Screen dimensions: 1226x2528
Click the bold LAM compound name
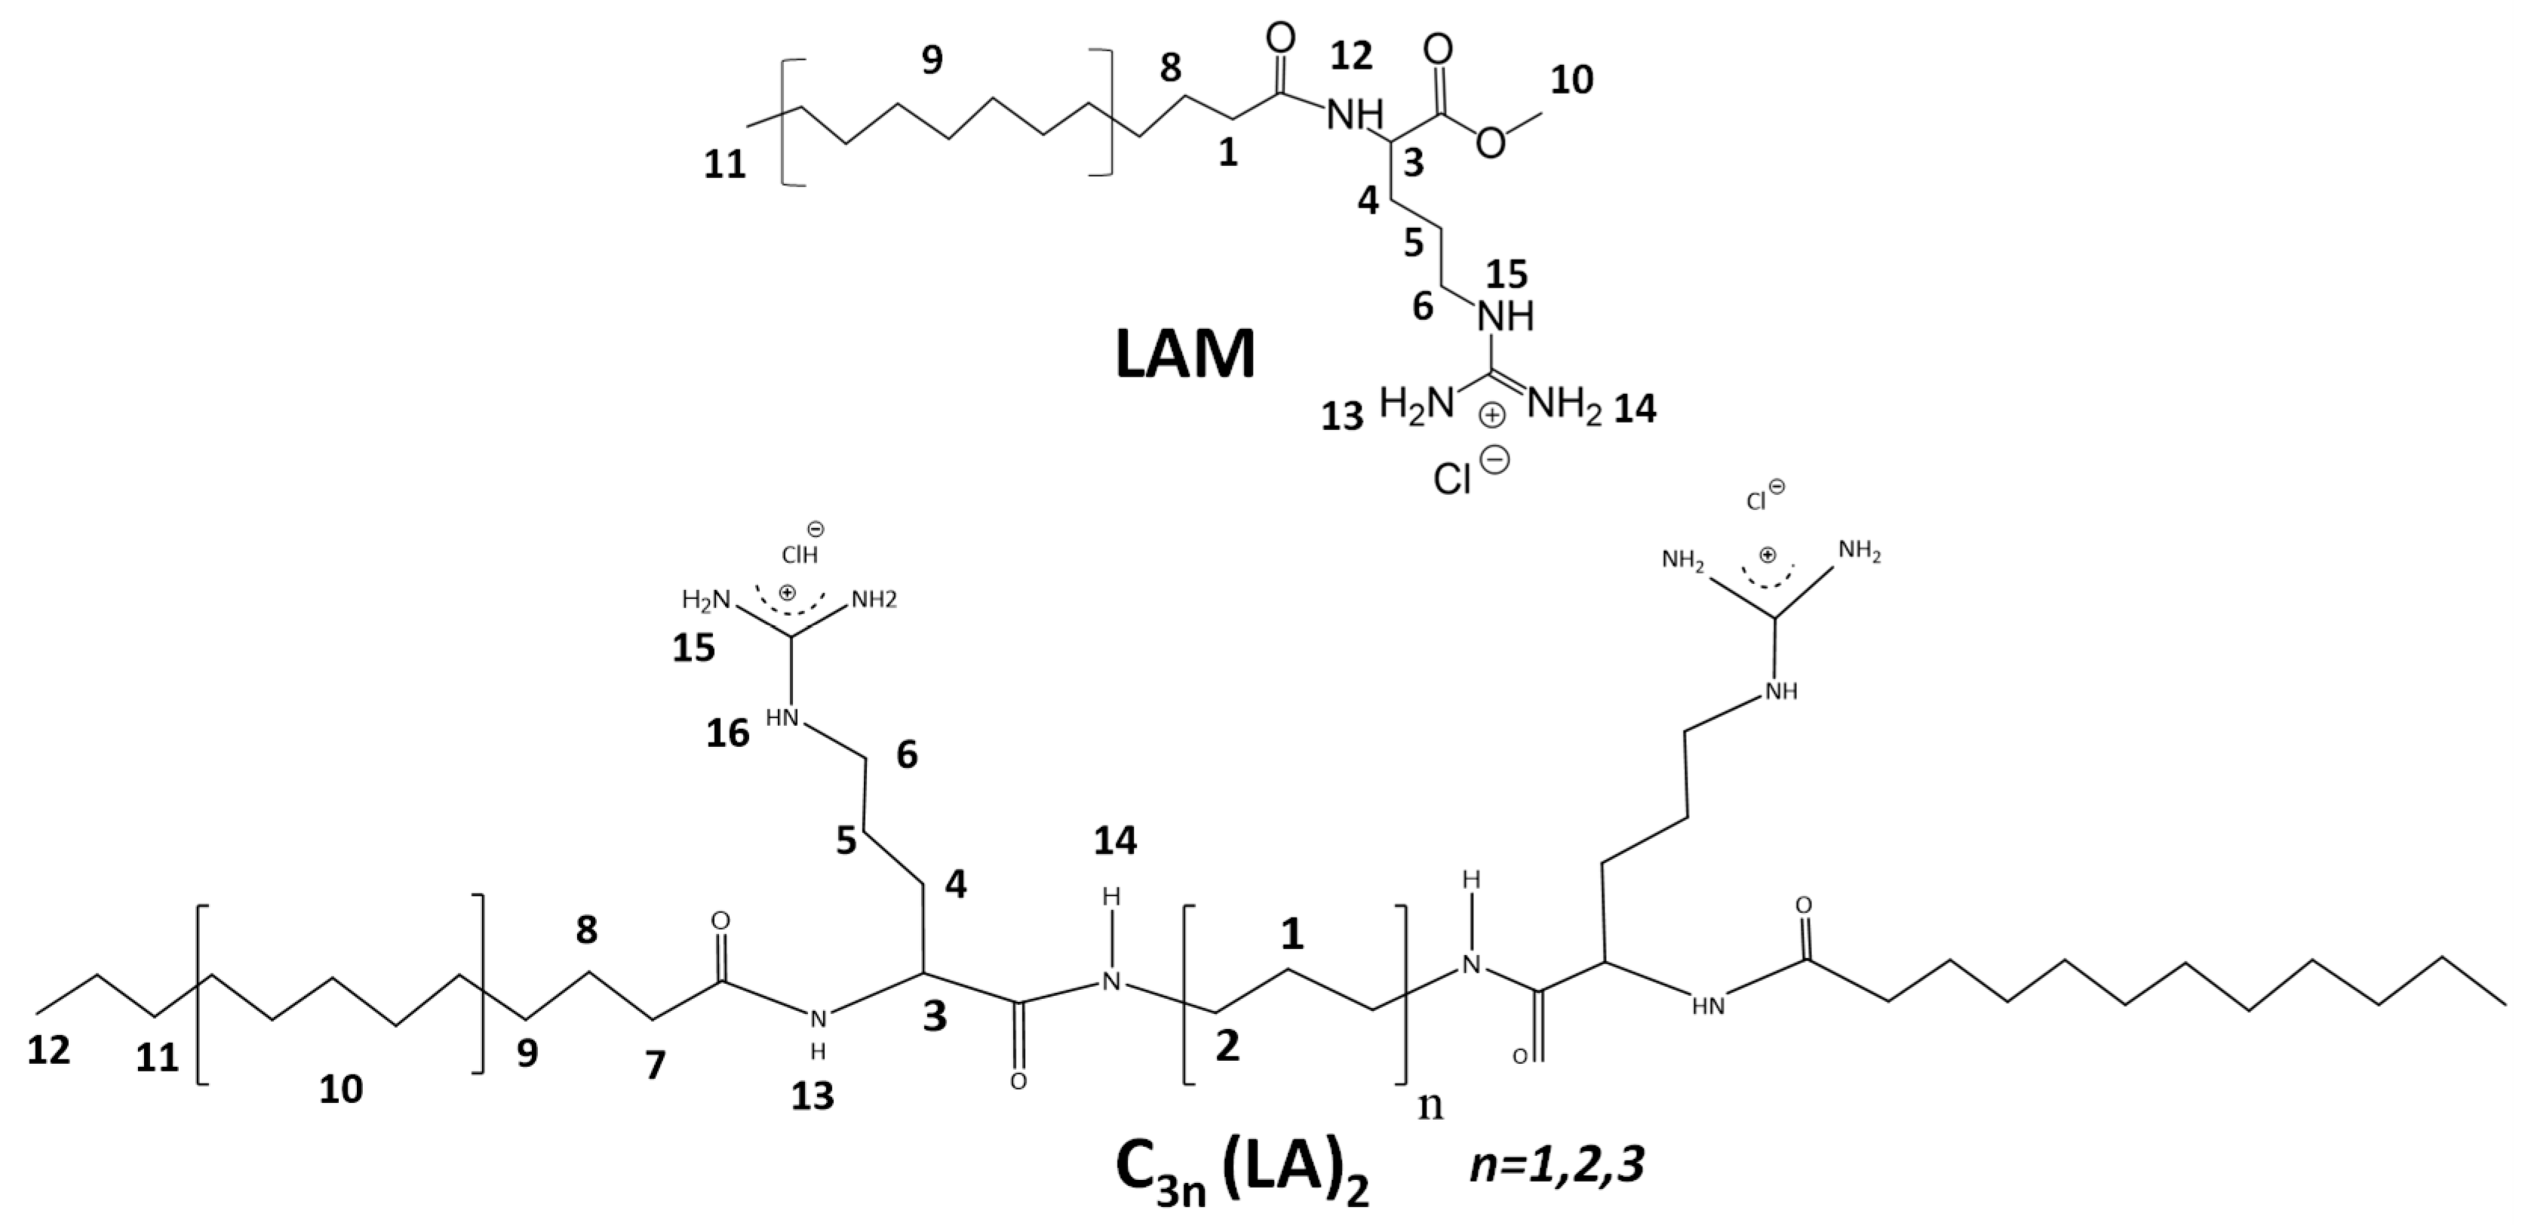pyautogui.click(x=1184, y=355)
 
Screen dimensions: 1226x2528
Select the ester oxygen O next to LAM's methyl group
pyautogui.click(x=1490, y=143)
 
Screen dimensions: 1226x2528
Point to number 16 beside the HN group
pyautogui.click(x=728, y=733)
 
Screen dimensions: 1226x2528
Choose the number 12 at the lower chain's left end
pyautogui.click(x=49, y=1050)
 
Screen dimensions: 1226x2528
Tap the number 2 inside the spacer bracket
pyautogui.click(x=1227, y=1046)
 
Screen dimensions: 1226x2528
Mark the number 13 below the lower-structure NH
pyautogui.click(x=812, y=1095)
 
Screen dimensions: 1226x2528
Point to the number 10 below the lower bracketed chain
pyautogui.click(x=340, y=1089)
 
